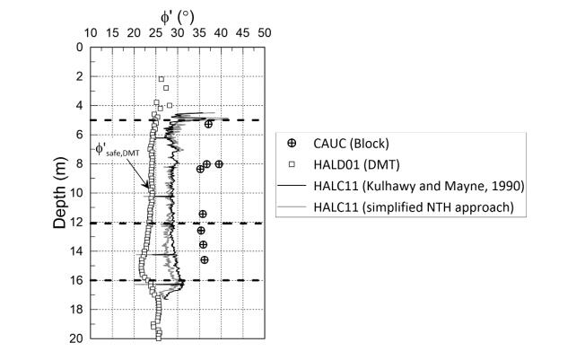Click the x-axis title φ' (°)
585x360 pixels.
[178, 17]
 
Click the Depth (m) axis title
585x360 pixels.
[60, 193]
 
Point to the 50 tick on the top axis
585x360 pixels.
[265, 33]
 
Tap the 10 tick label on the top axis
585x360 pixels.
[91, 33]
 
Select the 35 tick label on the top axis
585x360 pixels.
[199, 33]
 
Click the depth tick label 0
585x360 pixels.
[79, 48]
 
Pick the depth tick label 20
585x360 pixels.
[76, 338]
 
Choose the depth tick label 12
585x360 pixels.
[76, 223]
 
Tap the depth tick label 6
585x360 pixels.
[79, 135]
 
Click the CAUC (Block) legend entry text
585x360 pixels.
[351, 144]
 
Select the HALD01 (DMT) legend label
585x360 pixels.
[356, 164]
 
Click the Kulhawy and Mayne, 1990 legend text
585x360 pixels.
[443, 186]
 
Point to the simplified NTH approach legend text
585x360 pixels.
[438, 207]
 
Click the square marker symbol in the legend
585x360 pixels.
[292, 164]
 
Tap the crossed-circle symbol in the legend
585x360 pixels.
[292, 143]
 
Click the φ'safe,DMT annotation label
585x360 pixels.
[117, 150]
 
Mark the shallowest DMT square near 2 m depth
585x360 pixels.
[162, 79]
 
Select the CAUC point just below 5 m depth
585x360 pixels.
[208, 125]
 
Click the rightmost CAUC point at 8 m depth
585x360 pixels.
[219, 164]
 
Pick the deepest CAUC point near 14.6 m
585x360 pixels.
[205, 260]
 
